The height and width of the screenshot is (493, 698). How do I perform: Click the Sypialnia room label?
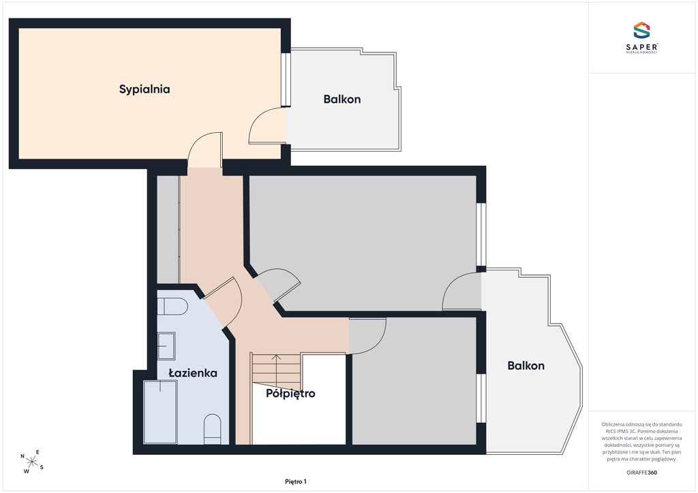point(145,89)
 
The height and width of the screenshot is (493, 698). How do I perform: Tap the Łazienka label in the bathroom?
point(193,373)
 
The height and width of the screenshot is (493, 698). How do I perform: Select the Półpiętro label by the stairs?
point(290,394)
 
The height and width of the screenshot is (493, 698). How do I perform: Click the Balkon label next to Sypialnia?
point(342,99)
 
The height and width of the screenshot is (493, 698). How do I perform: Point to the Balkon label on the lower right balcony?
point(526,366)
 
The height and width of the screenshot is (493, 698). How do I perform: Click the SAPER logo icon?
point(641,30)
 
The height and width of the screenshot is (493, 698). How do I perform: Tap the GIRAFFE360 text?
point(641,473)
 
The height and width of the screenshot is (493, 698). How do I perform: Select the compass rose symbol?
point(32,462)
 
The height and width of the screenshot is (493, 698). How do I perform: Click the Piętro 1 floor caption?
point(296,481)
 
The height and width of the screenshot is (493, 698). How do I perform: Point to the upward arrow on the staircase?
point(276,370)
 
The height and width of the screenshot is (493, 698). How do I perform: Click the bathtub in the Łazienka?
point(160,412)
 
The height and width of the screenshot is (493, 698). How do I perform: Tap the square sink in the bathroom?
point(166,345)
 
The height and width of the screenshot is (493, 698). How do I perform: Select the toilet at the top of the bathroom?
point(172,306)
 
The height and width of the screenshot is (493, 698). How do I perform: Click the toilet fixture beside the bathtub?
point(213,430)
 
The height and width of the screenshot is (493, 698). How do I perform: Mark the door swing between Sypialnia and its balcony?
point(267,125)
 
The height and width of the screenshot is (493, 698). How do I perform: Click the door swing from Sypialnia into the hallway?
point(204,149)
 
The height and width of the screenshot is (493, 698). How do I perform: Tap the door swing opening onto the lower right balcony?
point(461,291)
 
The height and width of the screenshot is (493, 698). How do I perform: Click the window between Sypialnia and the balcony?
point(286,80)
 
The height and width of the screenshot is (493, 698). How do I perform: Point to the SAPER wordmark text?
point(641,47)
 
